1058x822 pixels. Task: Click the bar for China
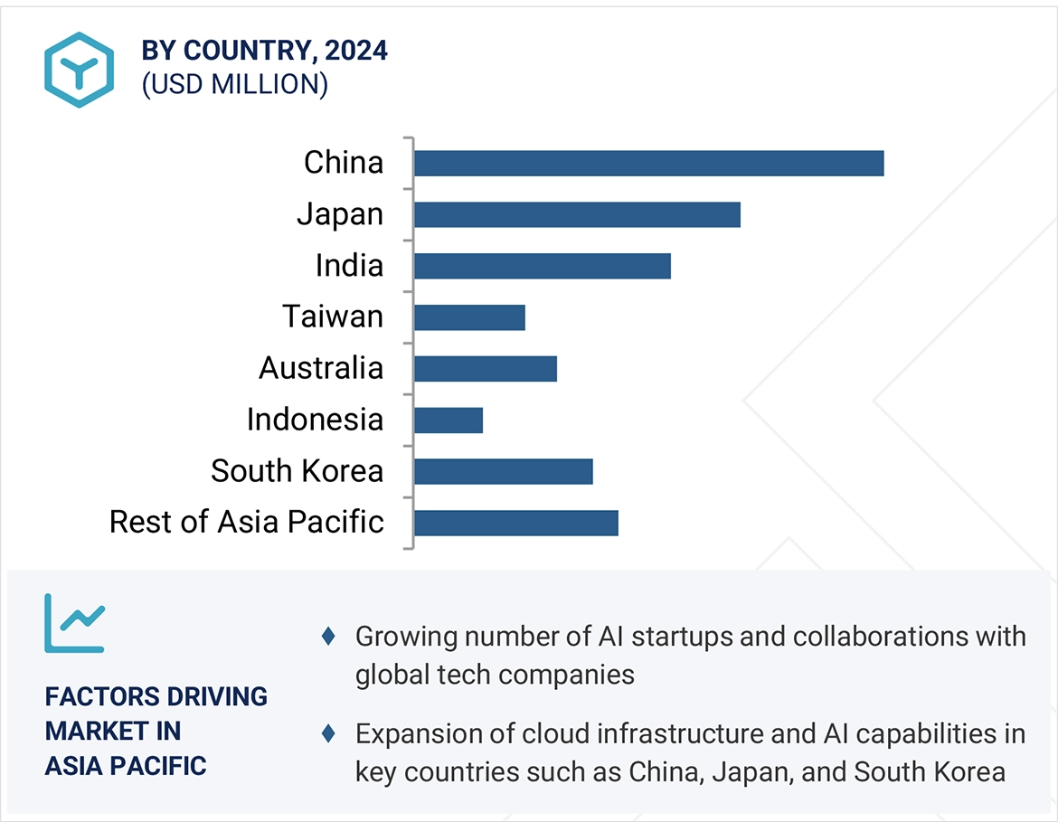coord(648,164)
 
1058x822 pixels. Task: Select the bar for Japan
coord(577,215)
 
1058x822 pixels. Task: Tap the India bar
coord(543,266)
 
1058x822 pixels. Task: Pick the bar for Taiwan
coord(469,317)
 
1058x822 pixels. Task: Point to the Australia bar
coord(486,369)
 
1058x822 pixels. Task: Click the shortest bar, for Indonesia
coord(449,420)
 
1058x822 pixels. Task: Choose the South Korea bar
coord(503,471)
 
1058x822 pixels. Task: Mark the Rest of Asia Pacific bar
coord(515,523)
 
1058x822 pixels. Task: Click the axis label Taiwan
coord(333,317)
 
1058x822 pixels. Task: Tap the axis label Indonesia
coord(315,420)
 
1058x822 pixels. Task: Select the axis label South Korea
coord(297,471)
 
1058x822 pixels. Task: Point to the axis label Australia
coord(321,368)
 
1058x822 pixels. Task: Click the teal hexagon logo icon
coord(80,70)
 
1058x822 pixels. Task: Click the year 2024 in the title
coord(356,51)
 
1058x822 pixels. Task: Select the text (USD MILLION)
coord(234,84)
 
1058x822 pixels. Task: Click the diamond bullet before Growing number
coord(328,637)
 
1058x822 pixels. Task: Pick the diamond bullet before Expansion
coord(328,734)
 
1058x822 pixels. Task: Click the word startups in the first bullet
coord(682,637)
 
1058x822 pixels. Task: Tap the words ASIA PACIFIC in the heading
coord(126,766)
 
